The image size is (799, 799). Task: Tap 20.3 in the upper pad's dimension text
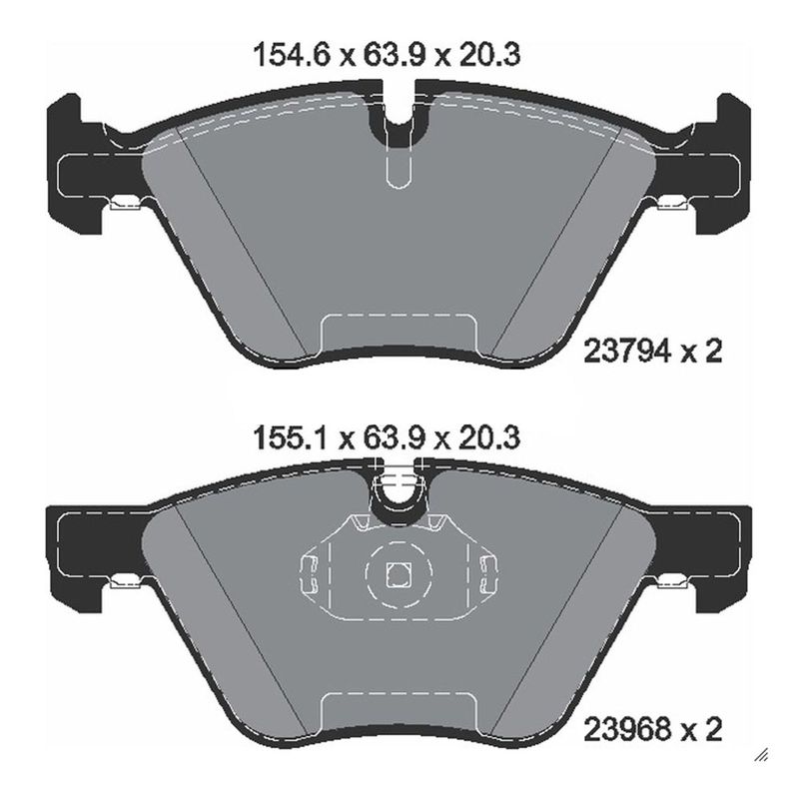click(489, 55)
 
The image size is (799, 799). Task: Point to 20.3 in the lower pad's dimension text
click(489, 437)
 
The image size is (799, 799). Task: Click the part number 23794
click(626, 352)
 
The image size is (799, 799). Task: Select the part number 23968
click(626, 730)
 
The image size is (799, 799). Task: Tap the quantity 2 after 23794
click(713, 352)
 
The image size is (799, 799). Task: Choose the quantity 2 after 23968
click(713, 730)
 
